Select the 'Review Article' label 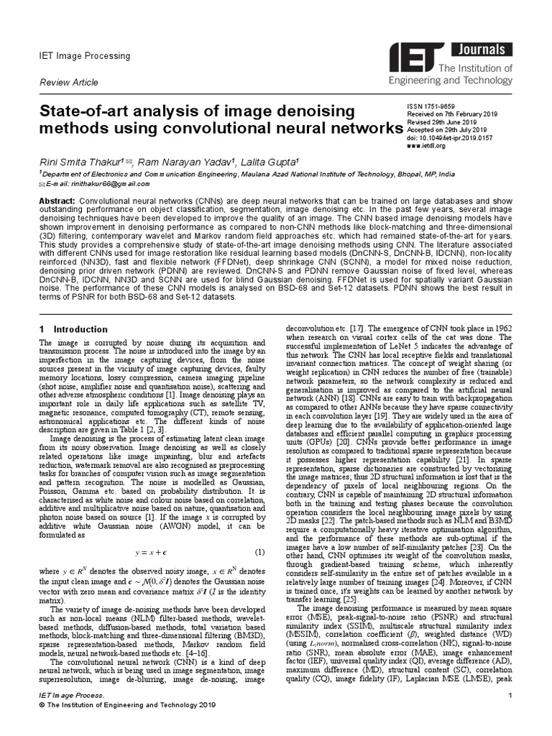click(x=68, y=83)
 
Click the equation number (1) click(x=260, y=531)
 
